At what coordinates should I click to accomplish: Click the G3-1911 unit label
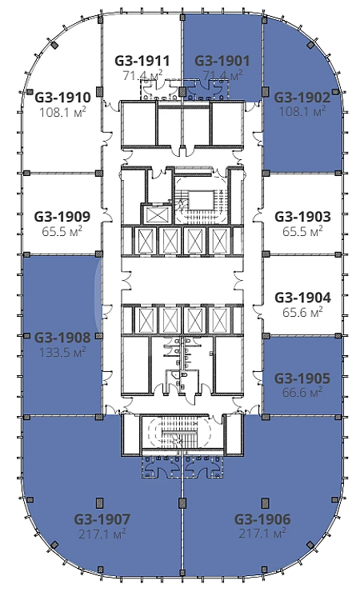click(x=142, y=61)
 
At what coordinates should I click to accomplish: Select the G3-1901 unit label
click(x=222, y=61)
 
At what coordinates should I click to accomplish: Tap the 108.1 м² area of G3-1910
click(x=62, y=112)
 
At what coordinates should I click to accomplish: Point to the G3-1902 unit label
click(x=302, y=98)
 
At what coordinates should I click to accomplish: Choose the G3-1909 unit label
click(x=62, y=217)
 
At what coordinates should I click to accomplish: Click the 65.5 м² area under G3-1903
click(x=302, y=231)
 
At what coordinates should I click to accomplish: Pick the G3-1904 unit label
click(x=302, y=298)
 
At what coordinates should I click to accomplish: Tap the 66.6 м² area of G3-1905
click(x=302, y=392)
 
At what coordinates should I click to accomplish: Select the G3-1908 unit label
click(x=62, y=337)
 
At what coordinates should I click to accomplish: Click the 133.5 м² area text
click(x=62, y=352)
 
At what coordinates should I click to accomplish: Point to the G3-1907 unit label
click(x=102, y=519)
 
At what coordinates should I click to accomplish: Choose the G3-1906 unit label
click(x=262, y=519)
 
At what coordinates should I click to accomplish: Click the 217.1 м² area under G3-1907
click(x=102, y=534)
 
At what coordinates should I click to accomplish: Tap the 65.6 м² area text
click(x=302, y=312)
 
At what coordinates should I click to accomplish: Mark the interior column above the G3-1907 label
click(x=100, y=502)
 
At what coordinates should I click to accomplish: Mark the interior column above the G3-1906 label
click(x=266, y=502)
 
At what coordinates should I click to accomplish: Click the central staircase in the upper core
click(x=201, y=202)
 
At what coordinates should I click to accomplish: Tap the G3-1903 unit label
click(x=302, y=217)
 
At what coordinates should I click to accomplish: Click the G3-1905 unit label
click(x=302, y=378)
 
